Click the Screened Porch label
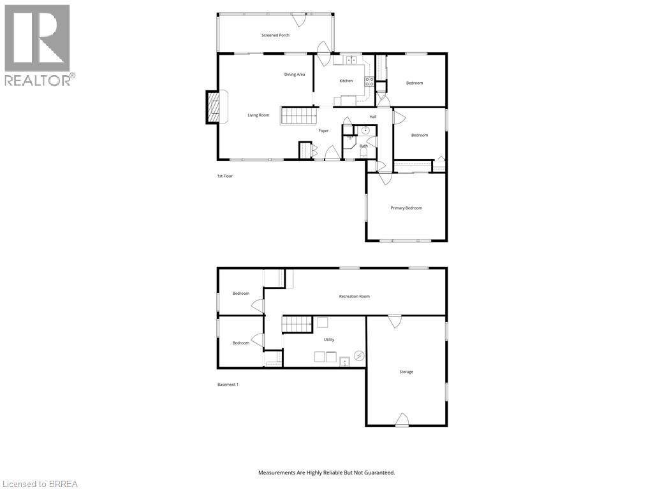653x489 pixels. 275,35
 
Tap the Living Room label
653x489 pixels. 258,115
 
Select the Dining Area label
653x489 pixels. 295,74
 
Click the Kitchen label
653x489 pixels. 346,81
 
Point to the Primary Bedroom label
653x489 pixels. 406,208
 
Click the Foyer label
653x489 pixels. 324,131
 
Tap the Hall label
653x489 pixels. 373,117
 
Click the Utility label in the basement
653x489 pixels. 329,339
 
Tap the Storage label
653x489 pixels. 406,372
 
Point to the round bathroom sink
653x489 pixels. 365,131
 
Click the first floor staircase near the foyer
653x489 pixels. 299,116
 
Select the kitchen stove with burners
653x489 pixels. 369,81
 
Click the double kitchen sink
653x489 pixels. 351,60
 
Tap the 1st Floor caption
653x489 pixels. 224,176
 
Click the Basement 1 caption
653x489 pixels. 228,385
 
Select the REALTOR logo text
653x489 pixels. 38,80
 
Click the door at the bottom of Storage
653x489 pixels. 402,420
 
